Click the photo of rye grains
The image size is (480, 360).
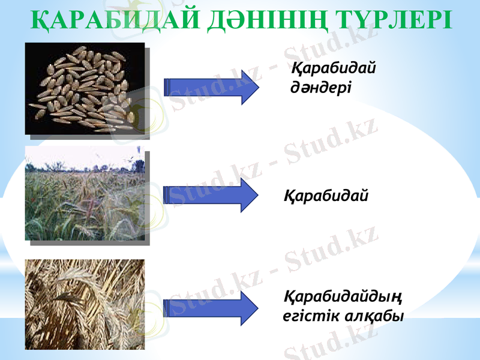point(85,88)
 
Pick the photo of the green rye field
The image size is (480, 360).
point(85,195)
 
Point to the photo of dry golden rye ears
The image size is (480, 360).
point(85,304)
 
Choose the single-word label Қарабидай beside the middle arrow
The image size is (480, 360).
point(326,196)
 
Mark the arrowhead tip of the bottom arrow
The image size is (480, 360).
point(259,307)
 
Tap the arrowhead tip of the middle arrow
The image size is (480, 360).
point(259,196)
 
